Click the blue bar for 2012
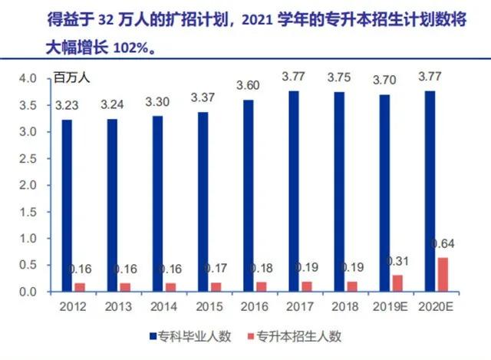67,206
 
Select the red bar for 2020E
443,275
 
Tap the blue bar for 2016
249,196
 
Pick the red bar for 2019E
397,283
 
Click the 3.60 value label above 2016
248,85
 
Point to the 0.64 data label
443,244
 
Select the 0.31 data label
397,261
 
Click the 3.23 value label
67,105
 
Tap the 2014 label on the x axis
163,306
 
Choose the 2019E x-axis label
390,306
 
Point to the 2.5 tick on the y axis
28,159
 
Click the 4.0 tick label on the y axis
28,78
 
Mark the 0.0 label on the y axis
28,292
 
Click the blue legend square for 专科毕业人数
153,336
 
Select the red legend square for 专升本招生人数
251,336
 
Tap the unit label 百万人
71,78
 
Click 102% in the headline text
130,48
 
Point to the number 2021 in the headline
257,20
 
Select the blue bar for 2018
339,192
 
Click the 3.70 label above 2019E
384,80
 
